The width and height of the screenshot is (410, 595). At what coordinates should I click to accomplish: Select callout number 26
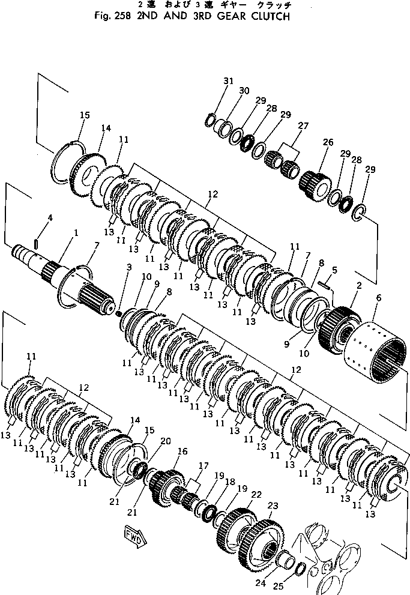(x=328, y=142)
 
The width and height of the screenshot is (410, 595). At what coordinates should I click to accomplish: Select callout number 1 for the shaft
(x=75, y=232)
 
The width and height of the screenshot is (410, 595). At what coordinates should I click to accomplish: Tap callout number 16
(x=182, y=450)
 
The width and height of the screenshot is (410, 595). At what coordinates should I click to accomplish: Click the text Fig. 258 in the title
(x=115, y=17)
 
